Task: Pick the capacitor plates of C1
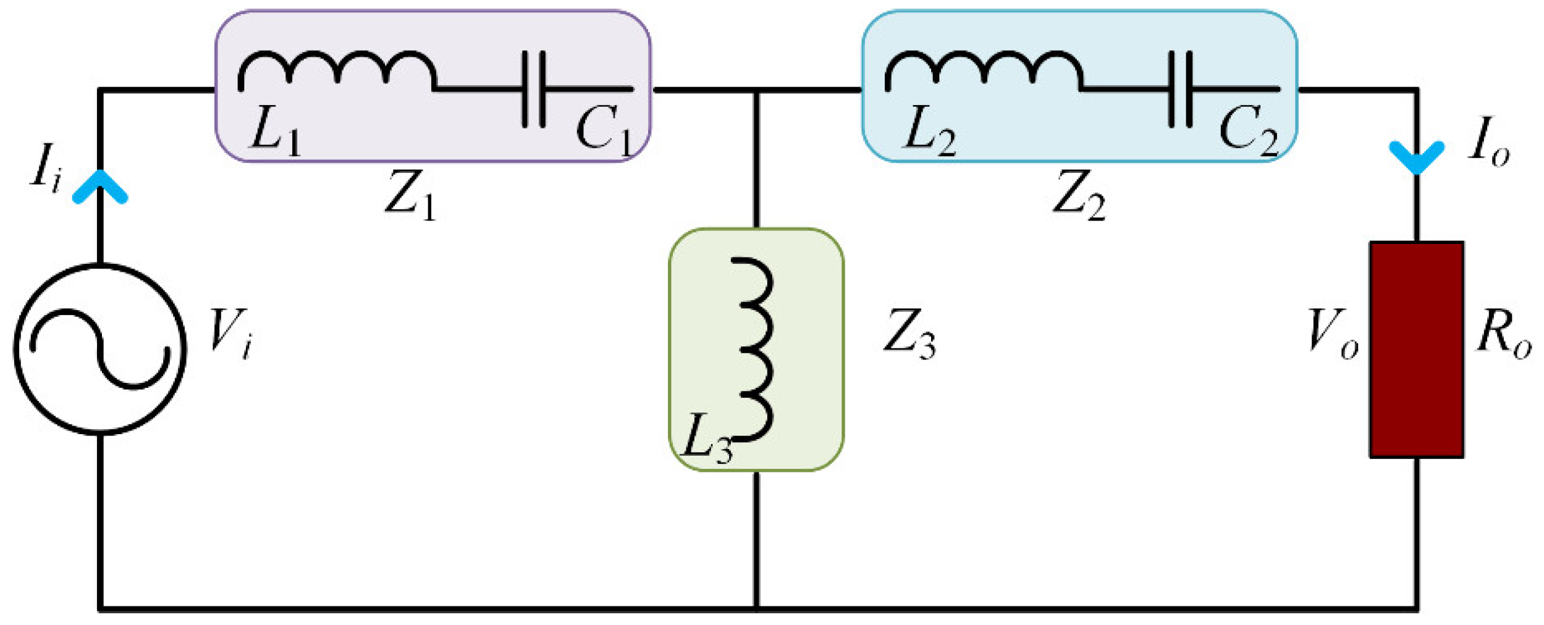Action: [x=534, y=90]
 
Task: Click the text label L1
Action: [x=275, y=130]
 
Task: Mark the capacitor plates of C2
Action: [x=1179, y=90]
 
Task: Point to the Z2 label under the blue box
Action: [x=1079, y=194]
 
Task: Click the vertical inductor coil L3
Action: [x=755, y=350]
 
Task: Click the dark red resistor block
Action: [x=1416, y=350]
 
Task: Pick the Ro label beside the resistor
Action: [x=1503, y=333]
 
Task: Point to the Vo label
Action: [x=1333, y=333]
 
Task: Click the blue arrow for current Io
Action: [x=1416, y=157]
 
